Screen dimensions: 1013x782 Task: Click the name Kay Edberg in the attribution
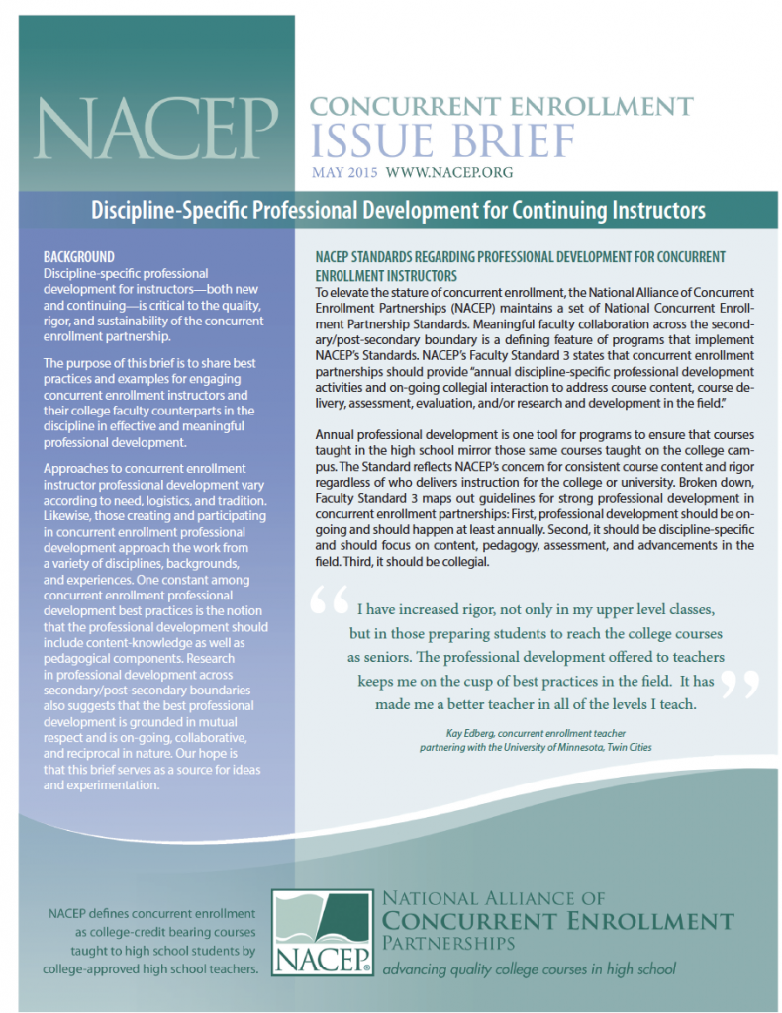[x=460, y=733]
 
